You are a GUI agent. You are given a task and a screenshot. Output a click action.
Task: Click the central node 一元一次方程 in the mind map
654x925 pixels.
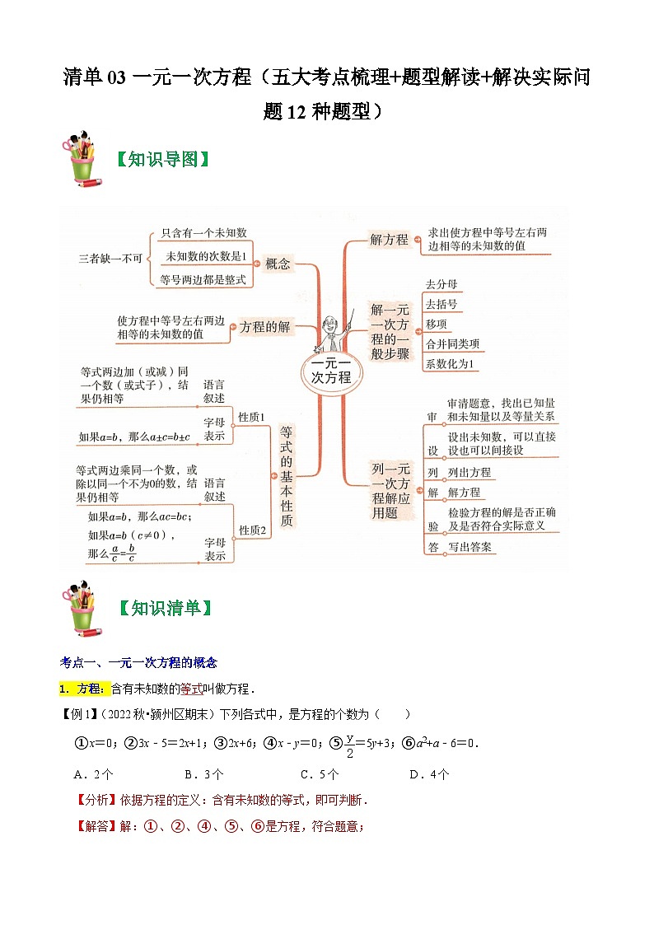coord(331,370)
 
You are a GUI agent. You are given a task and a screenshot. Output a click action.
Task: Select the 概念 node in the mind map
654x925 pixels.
coord(278,264)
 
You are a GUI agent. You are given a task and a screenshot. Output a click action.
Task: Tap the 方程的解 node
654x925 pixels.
coord(264,327)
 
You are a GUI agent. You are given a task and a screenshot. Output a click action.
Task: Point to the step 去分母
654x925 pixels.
coord(441,284)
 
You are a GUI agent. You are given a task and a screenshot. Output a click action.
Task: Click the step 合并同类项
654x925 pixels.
coord(451,343)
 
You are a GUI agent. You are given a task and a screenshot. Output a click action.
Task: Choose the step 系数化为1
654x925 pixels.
coord(450,363)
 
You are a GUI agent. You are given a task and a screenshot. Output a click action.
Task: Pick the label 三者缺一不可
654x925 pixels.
coord(110,258)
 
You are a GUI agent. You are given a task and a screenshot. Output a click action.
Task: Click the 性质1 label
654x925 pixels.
coord(252,418)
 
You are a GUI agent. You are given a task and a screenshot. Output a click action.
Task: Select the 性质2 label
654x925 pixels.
coord(252,530)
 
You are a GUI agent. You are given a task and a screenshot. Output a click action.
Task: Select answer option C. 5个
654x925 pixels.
coord(320,773)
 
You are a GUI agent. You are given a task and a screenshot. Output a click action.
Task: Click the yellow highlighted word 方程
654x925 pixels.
coord(88,689)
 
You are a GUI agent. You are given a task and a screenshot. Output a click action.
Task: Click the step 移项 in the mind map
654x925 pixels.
coord(436,324)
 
